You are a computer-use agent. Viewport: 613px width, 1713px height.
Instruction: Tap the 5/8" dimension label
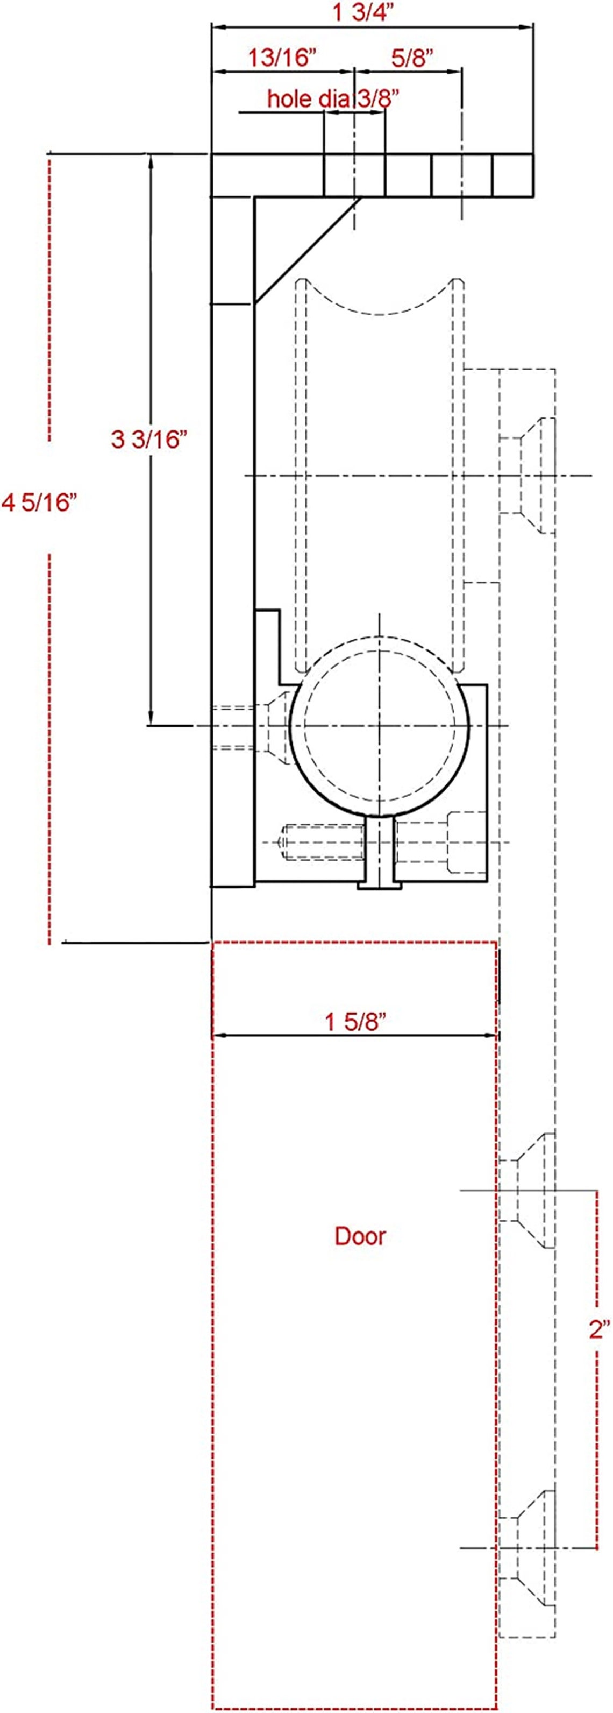click(412, 58)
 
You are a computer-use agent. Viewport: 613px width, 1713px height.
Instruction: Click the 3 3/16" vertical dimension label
click(146, 439)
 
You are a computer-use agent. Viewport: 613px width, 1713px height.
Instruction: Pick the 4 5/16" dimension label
click(40, 502)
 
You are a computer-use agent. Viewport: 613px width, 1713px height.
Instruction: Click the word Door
click(360, 1236)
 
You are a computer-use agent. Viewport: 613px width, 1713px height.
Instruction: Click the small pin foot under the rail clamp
click(380, 884)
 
